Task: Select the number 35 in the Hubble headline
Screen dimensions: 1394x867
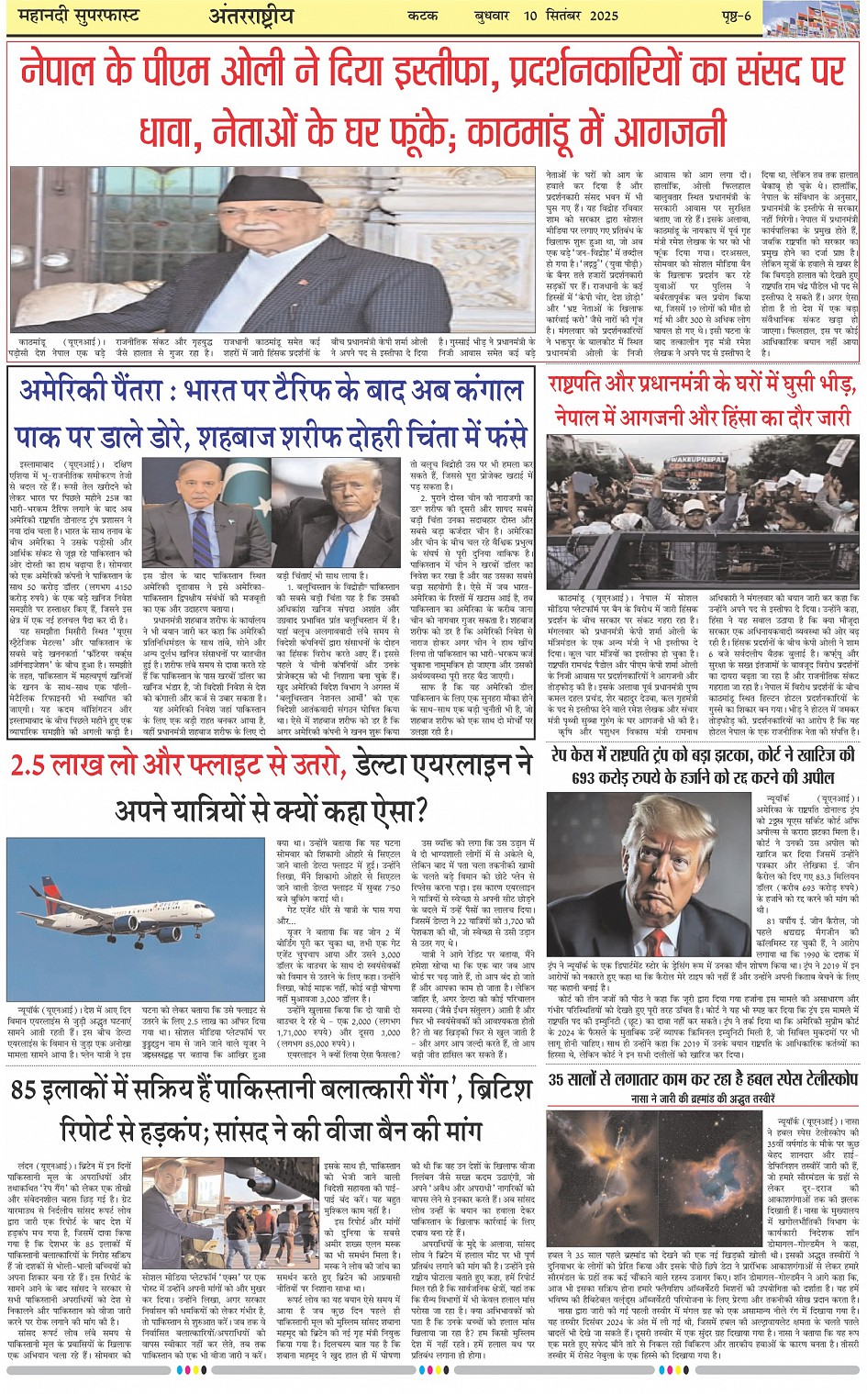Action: (558, 1079)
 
